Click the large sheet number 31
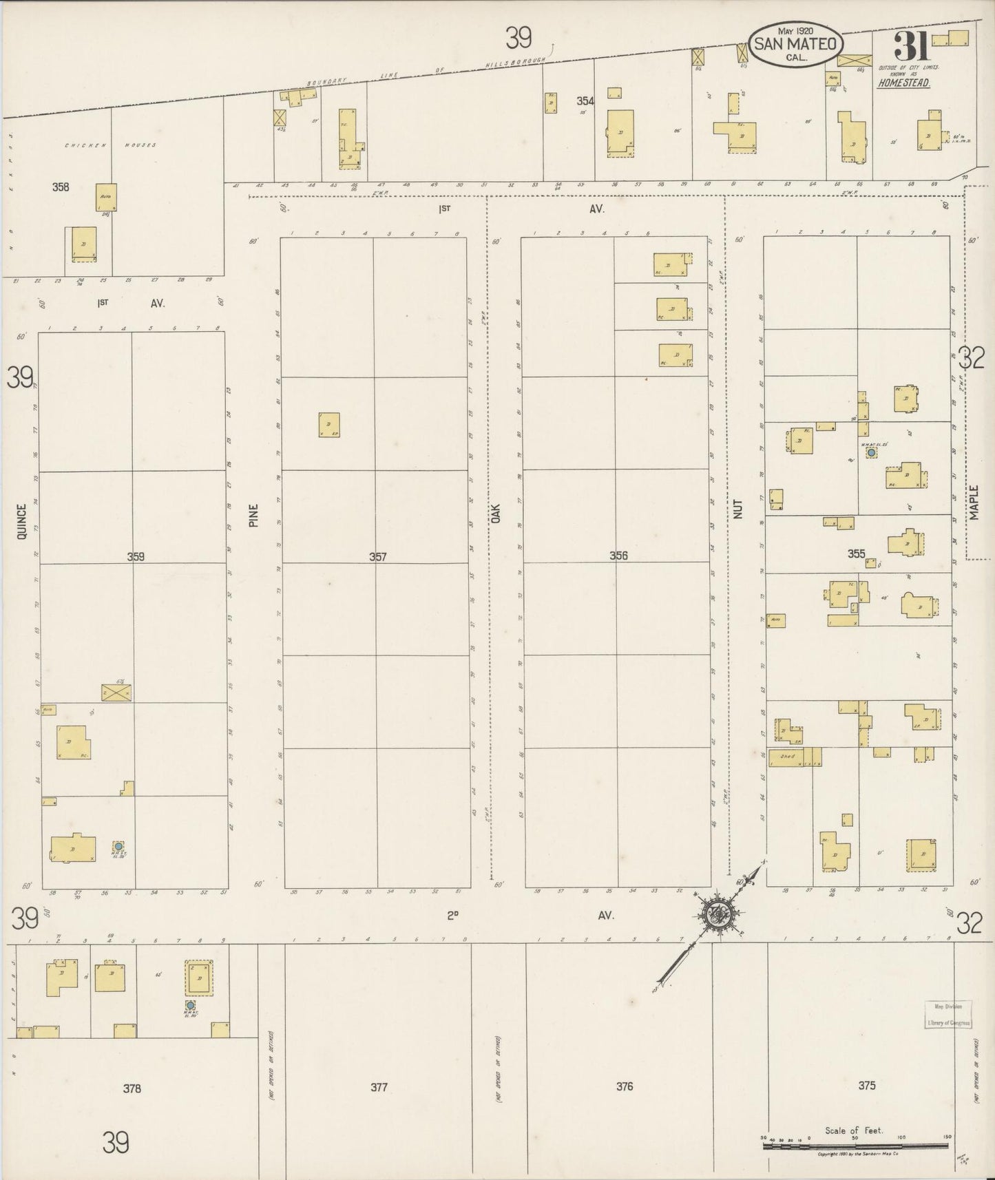point(912,48)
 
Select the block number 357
point(377,557)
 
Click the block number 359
point(136,557)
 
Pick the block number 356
point(618,556)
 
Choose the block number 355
point(856,554)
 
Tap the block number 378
point(132,1088)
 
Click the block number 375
point(866,1086)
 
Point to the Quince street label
point(21,521)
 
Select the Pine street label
point(253,516)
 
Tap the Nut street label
point(738,509)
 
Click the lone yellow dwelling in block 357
point(328,425)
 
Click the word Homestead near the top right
point(903,83)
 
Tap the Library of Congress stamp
point(947,1014)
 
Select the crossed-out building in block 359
point(116,693)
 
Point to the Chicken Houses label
point(110,145)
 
